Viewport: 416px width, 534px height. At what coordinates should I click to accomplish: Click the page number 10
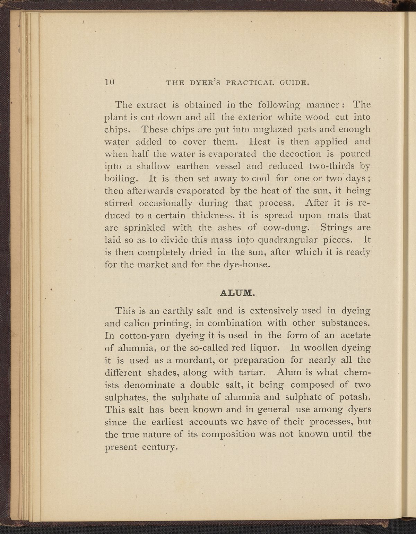[x=110, y=82]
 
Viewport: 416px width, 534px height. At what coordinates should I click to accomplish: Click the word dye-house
[x=248, y=265]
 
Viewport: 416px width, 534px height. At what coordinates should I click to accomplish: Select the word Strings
[x=336, y=228]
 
